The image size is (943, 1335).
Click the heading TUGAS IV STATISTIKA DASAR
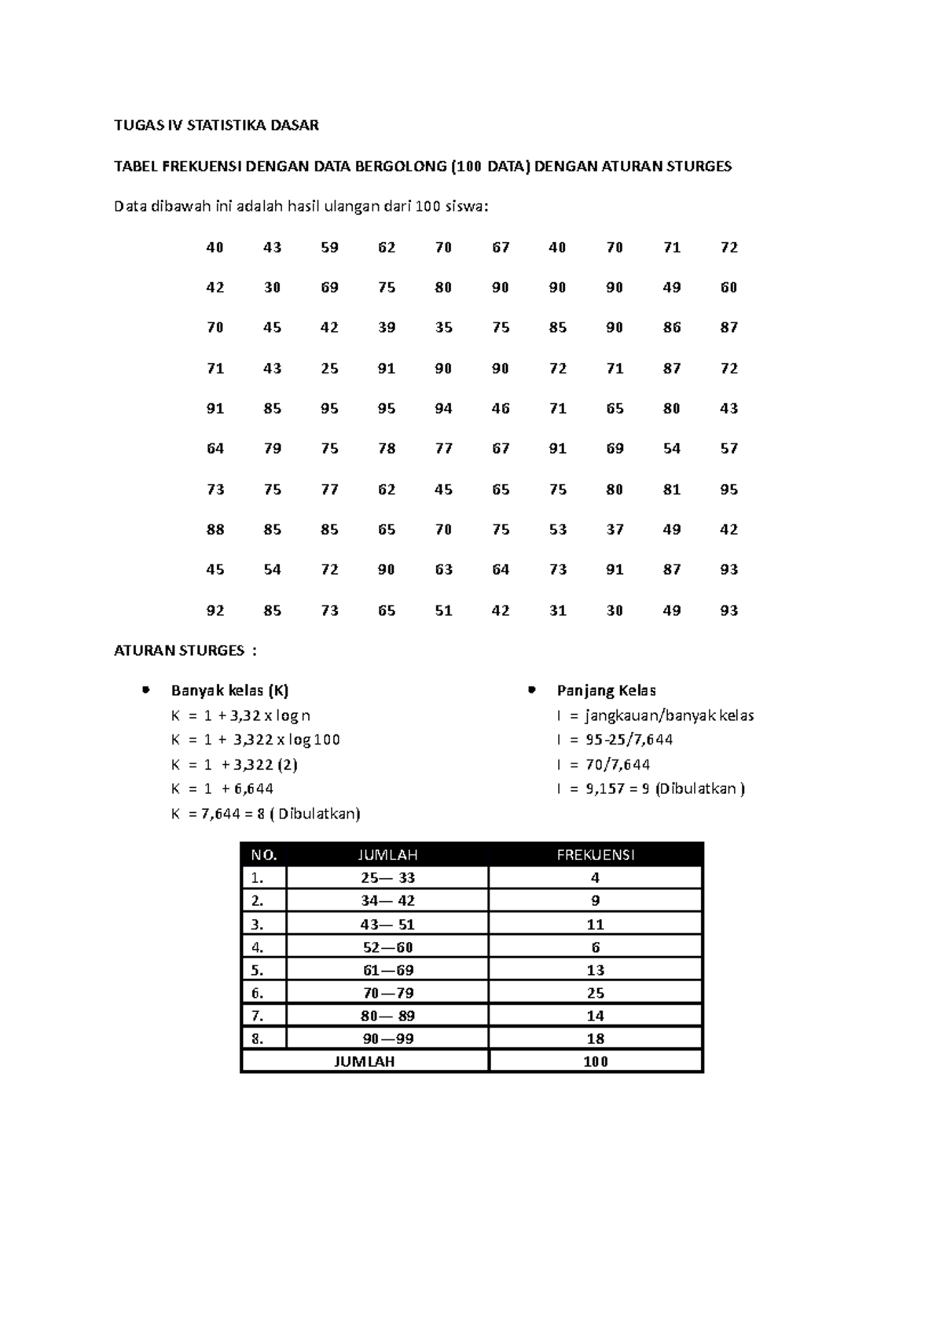(216, 125)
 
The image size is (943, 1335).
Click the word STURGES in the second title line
(699, 166)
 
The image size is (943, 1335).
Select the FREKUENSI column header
(595, 855)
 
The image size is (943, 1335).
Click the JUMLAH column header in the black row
(387, 855)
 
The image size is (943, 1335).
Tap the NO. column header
(264, 855)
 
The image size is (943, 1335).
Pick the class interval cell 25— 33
(387, 877)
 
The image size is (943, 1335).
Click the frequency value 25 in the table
(595, 992)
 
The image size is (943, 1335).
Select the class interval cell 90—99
(387, 1038)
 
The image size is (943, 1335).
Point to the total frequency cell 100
(595, 1061)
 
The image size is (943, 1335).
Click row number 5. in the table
(257, 969)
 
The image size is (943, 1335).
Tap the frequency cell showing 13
(595, 969)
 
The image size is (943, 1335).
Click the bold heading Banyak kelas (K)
(229, 691)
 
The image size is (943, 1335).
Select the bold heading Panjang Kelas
(606, 691)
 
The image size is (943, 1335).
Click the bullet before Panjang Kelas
(532, 690)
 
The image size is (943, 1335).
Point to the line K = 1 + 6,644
(222, 788)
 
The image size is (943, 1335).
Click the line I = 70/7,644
(603, 764)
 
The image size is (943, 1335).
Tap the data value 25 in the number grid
(329, 368)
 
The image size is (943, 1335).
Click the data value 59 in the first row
(329, 248)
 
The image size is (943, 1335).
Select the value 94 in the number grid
(443, 408)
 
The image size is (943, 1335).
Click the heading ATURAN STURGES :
(185, 650)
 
